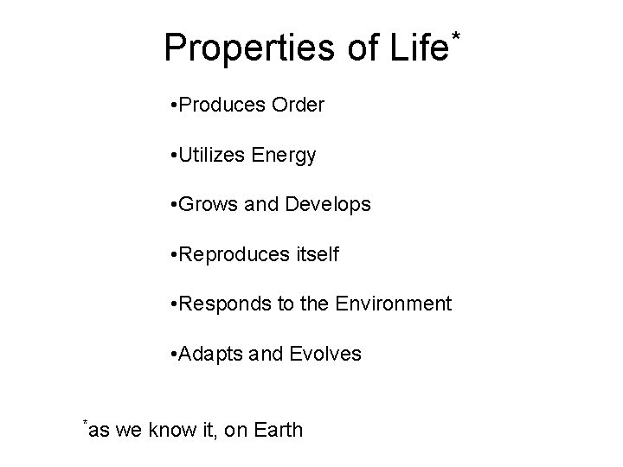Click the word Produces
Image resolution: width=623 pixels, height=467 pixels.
223,106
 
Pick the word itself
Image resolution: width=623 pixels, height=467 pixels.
318,254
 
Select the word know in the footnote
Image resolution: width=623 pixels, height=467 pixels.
168,430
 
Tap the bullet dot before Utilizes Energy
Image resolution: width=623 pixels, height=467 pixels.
175,157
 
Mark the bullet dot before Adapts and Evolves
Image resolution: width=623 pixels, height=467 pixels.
175,355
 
